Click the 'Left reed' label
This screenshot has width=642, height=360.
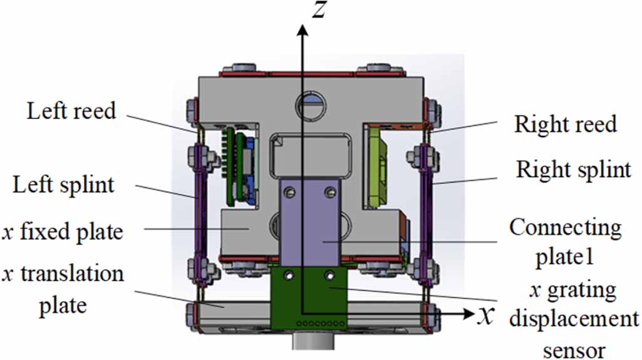[71, 111]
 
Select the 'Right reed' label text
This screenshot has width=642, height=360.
[565, 124]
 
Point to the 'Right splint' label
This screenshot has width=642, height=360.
[573, 169]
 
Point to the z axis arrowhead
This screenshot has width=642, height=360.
[303, 29]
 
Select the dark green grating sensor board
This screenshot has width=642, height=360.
[307, 294]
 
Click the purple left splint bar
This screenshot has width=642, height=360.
[199, 207]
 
